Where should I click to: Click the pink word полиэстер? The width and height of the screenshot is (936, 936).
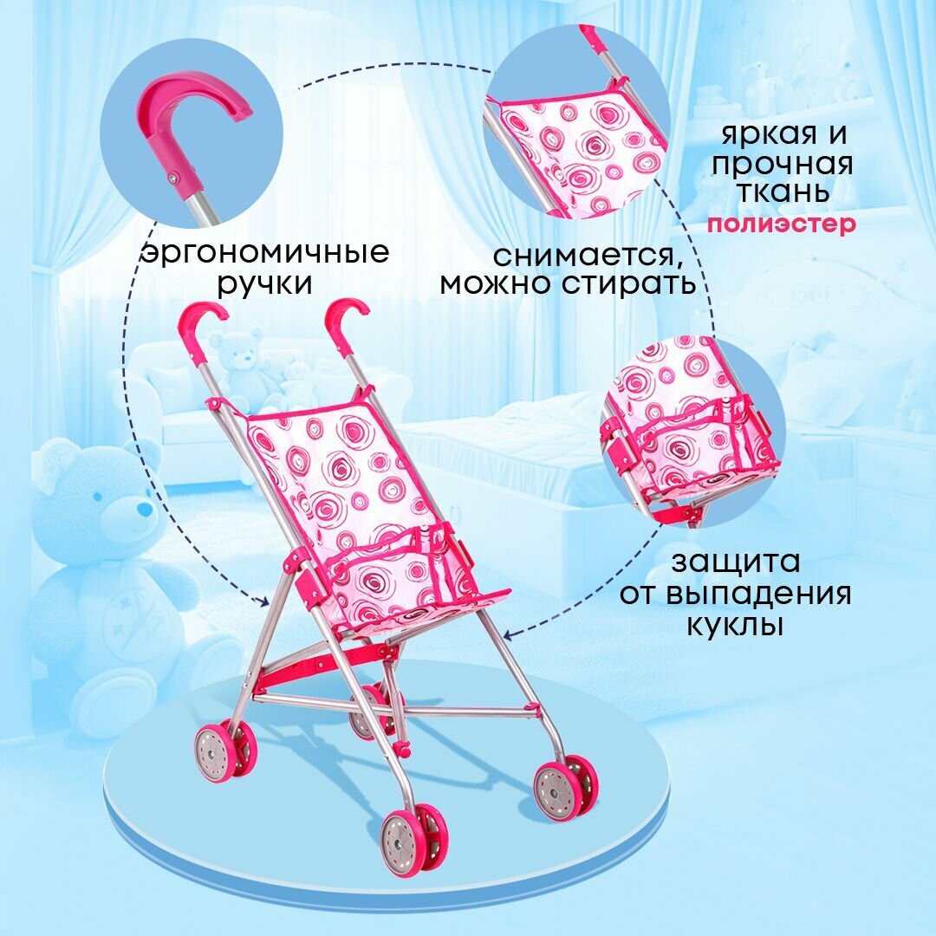click(x=781, y=224)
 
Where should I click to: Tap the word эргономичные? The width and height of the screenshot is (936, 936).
click(x=265, y=253)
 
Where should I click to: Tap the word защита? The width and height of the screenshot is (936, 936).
click(x=735, y=562)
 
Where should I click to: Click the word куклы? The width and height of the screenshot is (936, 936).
click(x=735, y=626)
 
